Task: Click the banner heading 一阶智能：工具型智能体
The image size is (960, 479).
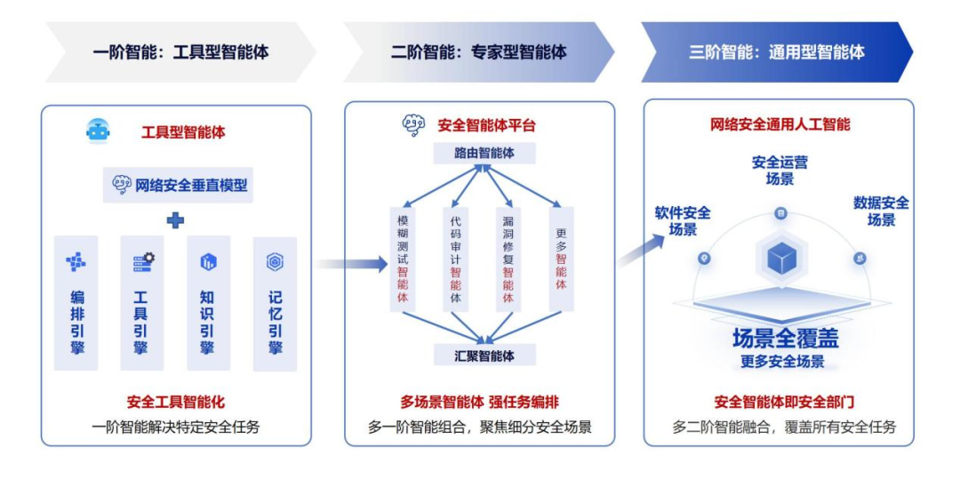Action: pos(180,52)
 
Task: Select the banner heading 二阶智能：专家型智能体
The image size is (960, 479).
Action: pos(478,52)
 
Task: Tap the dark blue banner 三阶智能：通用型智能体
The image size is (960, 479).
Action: pos(776,52)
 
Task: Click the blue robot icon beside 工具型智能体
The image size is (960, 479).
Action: pos(98,132)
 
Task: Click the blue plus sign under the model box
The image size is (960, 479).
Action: pos(176,220)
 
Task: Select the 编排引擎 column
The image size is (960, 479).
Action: pos(76,302)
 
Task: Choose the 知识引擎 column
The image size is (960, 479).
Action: pos(208,302)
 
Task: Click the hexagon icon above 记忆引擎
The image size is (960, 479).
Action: pos(275,261)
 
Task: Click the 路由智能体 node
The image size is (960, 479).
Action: pos(484,153)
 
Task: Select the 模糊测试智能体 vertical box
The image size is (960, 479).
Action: pos(403,259)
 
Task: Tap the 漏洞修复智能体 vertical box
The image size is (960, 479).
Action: pos(508,259)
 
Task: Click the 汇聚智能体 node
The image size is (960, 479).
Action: pos(484,355)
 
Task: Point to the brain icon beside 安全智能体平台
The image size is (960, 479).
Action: pos(413,125)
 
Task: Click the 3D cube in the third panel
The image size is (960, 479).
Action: pos(780,258)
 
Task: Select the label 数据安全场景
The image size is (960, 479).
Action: pos(881,211)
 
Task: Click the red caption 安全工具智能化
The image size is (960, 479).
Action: pos(176,402)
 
